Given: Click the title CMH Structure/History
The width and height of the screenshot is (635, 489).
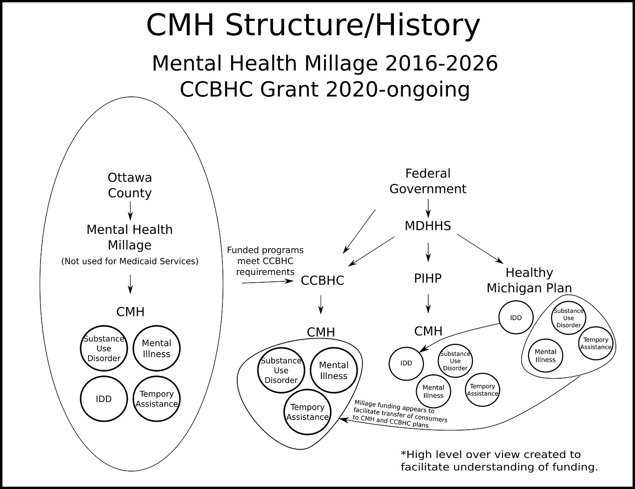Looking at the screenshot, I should coord(313,25).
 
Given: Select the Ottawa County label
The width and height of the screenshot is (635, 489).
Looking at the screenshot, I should coord(130,185).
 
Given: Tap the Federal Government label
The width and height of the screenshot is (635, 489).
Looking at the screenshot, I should coord(427,181).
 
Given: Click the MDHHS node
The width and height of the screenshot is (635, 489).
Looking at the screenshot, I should coord(427,226).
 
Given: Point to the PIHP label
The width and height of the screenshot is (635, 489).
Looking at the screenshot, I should coord(427,278).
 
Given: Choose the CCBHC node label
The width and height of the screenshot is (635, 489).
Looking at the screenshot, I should coord(322,280).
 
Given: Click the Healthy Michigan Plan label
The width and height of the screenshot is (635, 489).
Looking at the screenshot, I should coord(529,280).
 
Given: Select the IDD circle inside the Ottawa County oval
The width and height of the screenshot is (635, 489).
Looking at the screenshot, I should coord(104,399).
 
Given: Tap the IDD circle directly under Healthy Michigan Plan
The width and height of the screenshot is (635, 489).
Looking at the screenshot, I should coord(516,318).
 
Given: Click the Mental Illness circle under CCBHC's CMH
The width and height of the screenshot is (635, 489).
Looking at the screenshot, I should coord(334,370).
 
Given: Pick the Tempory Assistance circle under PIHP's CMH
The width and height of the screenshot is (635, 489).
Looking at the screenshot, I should coord(482,390).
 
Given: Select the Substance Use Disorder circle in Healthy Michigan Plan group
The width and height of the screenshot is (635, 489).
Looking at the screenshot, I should coord(568,318).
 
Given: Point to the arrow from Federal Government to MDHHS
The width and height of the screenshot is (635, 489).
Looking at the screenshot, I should coord(428,208).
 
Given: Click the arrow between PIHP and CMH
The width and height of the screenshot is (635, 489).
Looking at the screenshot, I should coord(428,303).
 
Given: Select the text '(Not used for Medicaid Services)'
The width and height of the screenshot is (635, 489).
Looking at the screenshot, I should coord(130,261).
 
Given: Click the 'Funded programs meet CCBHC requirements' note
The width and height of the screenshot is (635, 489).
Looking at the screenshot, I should coord(265,261).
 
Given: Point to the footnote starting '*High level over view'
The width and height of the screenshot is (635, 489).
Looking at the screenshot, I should coord(499,461).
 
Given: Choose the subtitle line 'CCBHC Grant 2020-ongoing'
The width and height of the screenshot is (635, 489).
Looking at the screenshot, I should coord(324,90).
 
